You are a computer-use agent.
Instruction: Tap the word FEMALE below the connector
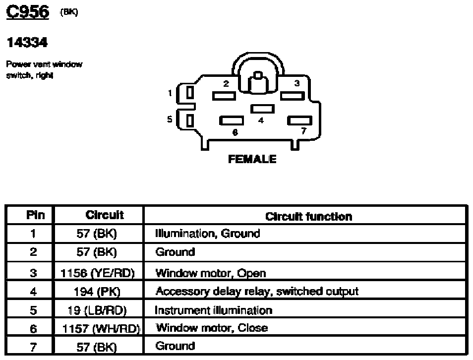click(x=251, y=160)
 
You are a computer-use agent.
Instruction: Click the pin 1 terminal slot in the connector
click(x=189, y=93)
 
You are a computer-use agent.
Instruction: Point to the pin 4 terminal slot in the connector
click(x=262, y=109)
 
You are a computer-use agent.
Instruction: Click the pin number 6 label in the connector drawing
click(x=235, y=132)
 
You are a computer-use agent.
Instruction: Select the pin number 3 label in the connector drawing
click(x=296, y=84)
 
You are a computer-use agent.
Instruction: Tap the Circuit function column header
click(x=308, y=216)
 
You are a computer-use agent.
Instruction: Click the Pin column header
click(x=34, y=215)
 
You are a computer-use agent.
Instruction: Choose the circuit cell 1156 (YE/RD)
click(x=97, y=273)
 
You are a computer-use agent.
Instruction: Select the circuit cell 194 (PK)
click(x=97, y=292)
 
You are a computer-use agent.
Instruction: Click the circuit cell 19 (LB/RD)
click(x=97, y=310)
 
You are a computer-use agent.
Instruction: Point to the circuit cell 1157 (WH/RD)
click(x=101, y=328)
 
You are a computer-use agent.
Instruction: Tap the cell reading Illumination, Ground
click(x=207, y=233)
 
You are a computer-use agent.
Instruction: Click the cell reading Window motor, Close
click(x=212, y=328)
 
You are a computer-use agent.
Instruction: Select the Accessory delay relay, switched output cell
click(x=256, y=292)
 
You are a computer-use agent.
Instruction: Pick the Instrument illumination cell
click(x=213, y=310)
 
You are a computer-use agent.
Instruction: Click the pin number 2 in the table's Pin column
click(x=33, y=252)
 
